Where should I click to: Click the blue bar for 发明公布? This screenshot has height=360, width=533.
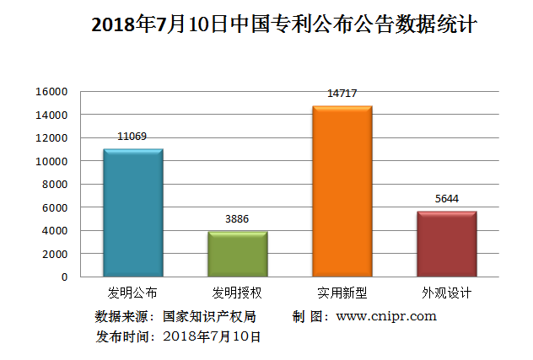[132, 212]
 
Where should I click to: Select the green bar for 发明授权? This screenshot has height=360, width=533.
[237, 254]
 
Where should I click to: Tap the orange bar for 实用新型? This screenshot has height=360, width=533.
[342, 191]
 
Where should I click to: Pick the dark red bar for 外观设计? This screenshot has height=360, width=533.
[446, 244]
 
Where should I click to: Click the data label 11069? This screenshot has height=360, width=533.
[132, 136]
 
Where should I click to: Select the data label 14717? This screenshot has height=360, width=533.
[342, 93]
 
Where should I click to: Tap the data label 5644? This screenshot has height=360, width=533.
[446, 199]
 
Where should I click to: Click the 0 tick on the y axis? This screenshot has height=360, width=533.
[64, 277]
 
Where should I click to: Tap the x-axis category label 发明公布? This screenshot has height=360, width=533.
[132, 293]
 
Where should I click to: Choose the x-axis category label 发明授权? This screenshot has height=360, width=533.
[237, 293]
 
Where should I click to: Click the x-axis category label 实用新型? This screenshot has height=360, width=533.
[342, 293]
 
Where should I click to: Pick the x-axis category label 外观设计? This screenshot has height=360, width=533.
[446, 293]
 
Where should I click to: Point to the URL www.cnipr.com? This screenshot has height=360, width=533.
[386, 316]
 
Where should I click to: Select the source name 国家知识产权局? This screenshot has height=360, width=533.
[209, 316]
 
